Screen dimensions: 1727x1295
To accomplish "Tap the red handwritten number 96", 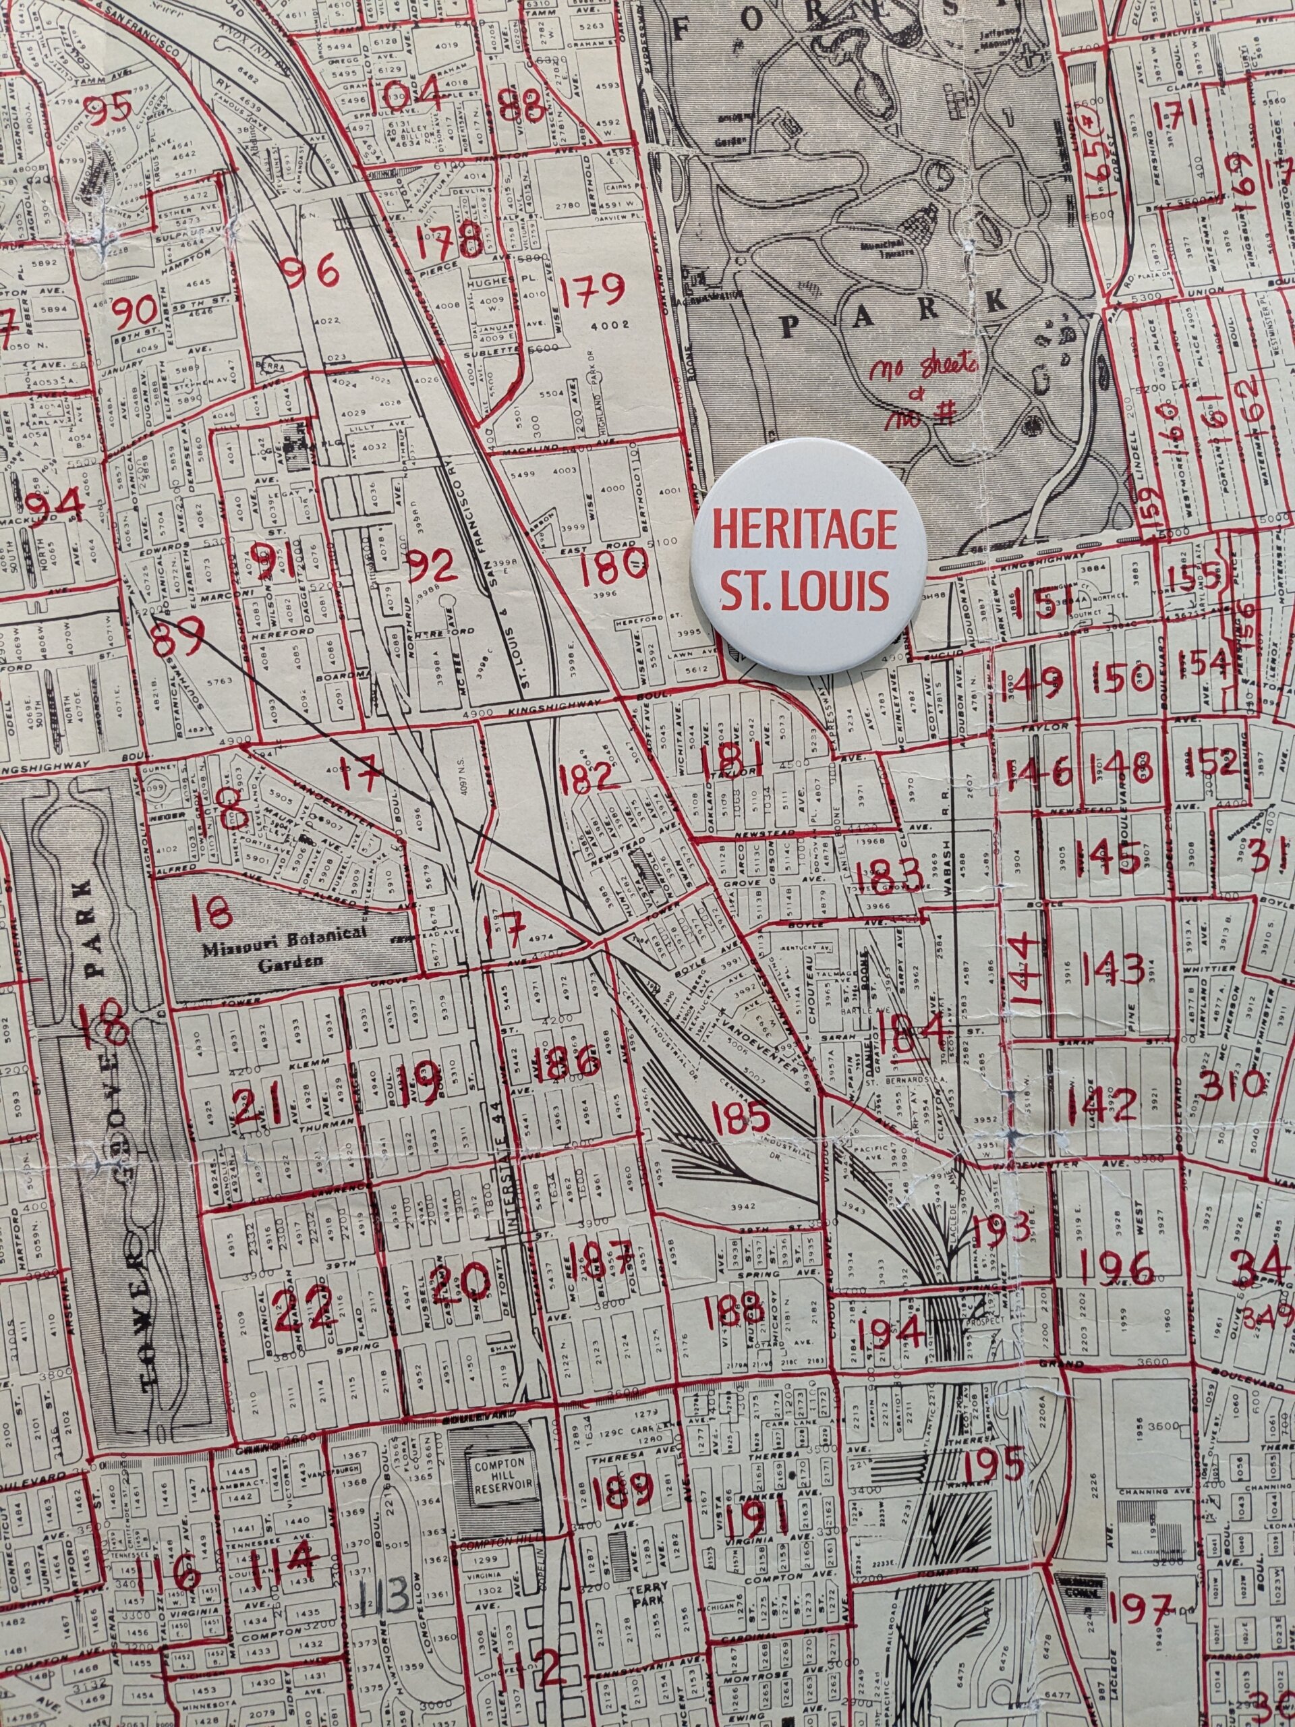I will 312,273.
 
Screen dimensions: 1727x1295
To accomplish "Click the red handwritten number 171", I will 1178,114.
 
